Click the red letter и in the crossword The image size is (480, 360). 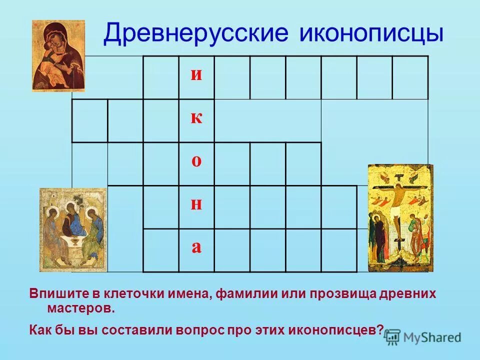196,75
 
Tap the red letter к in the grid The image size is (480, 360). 196,118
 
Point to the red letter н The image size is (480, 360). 196,205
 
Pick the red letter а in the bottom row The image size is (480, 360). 196,248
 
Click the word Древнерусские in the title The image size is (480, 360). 196,34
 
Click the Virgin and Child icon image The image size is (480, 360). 58,55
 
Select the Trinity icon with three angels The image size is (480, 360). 73,229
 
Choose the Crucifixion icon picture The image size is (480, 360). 399,218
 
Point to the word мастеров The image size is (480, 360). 81,308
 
